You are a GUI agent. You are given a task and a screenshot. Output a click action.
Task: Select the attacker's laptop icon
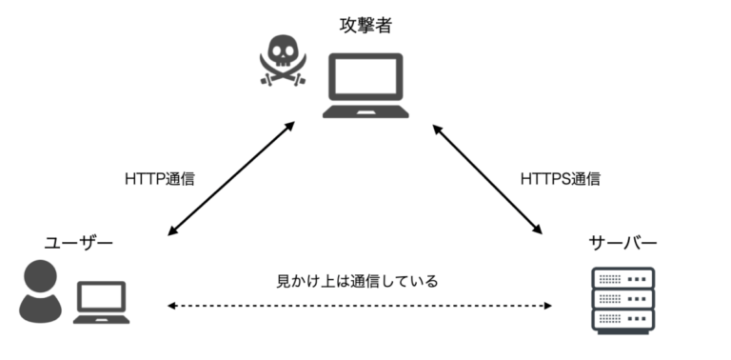click(365, 86)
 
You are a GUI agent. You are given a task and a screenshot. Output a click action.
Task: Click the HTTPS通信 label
click(560, 178)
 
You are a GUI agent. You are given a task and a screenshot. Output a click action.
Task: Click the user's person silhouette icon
click(40, 291)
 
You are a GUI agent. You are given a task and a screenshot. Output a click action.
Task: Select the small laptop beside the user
click(102, 304)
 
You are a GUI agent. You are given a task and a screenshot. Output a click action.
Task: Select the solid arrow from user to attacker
click(228, 180)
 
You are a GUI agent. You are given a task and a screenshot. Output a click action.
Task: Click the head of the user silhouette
click(41, 277)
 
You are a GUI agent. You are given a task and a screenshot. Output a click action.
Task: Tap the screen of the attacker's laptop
click(365, 79)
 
